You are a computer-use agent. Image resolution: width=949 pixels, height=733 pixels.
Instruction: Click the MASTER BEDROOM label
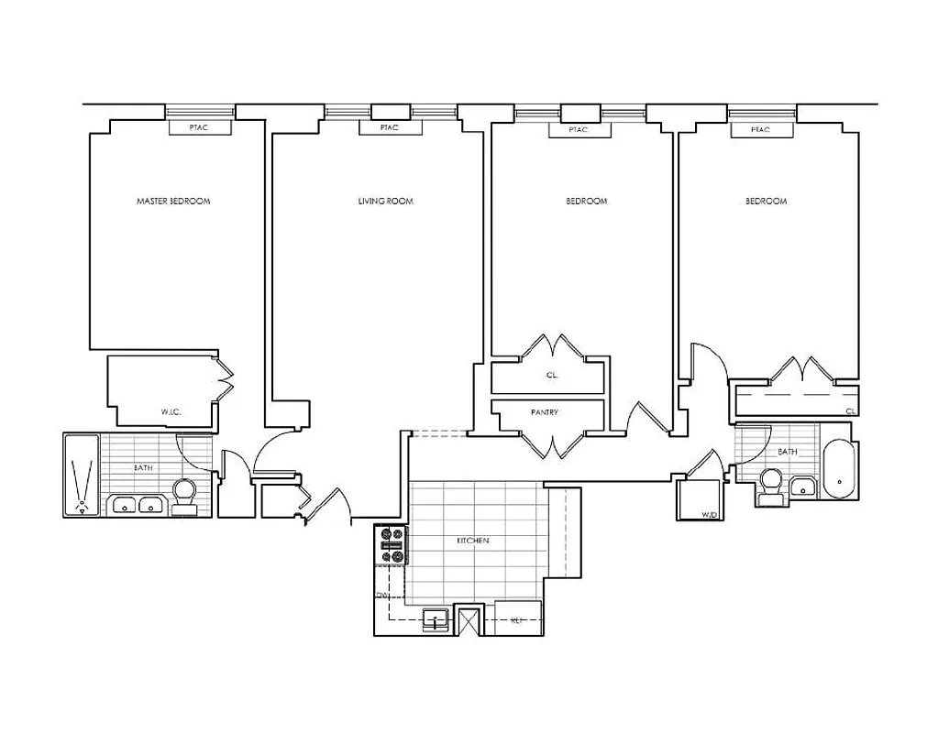click(173, 202)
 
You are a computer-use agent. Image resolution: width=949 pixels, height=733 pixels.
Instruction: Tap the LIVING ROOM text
click(385, 202)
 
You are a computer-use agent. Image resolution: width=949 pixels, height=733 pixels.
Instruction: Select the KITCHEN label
click(473, 542)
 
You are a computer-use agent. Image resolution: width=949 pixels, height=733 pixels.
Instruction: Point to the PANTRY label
click(545, 413)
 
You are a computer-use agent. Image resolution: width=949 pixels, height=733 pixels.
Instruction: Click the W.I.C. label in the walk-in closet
click(171, 412)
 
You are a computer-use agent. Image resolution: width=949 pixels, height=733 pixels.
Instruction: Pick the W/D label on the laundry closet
click(709, 515)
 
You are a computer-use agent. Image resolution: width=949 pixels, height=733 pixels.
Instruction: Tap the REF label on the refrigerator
click(516, 620)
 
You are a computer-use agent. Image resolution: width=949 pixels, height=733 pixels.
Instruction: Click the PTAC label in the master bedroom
click(199, 128)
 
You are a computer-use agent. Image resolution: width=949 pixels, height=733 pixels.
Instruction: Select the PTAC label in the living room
click(389, 128)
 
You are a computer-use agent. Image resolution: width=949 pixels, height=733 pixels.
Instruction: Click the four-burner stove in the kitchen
click(392, 544)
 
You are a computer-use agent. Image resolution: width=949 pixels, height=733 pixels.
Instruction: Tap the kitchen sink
click(436, 619)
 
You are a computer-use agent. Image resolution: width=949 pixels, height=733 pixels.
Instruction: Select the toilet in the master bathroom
click(185, 496)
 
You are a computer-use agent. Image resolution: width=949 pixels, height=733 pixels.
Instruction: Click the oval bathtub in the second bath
click(839, 470)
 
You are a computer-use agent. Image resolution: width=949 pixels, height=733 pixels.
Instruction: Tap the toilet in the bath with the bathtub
click(770, 484)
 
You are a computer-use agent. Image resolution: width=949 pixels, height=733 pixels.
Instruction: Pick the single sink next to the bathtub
click(803, 487)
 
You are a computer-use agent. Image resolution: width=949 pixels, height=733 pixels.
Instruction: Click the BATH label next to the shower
click(143, 468)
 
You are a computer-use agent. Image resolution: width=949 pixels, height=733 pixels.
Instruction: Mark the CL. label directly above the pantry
click(551, 376)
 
